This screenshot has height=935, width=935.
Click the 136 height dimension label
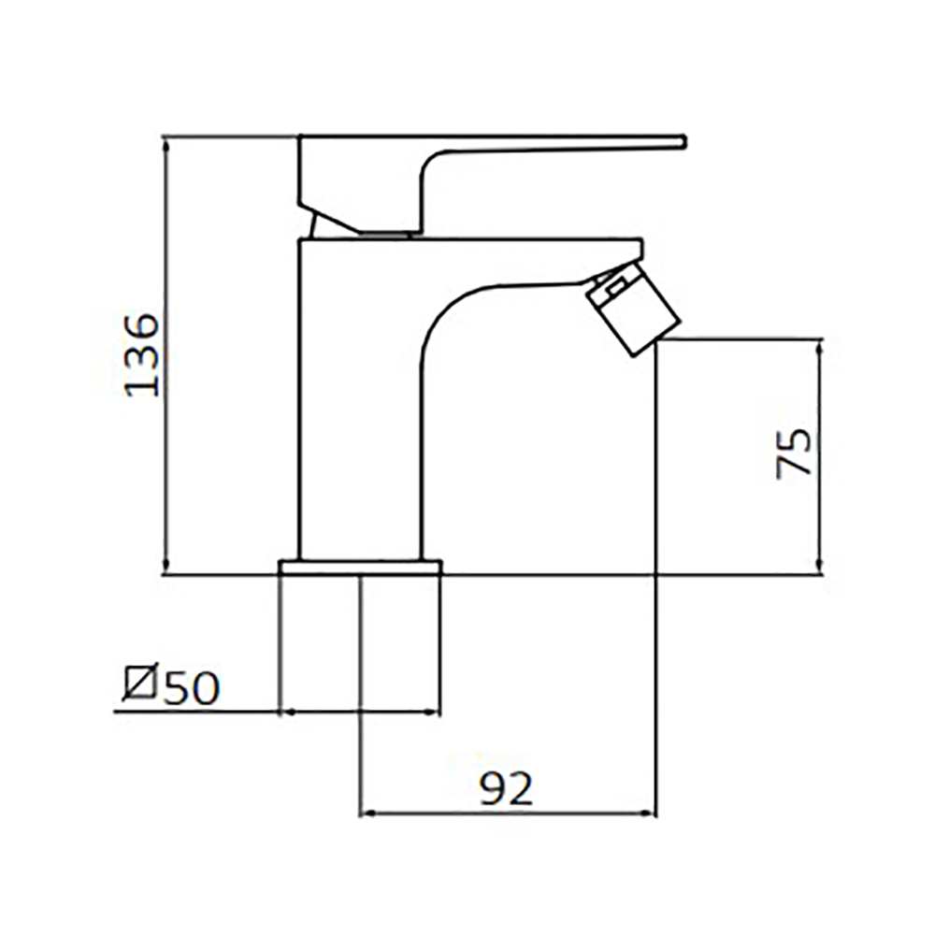(142, 354)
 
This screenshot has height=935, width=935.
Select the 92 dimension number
(506, 788)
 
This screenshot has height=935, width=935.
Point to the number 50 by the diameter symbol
(192, 688)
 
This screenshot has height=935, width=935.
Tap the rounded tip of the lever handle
(683, 142)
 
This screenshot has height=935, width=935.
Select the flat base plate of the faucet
(361, 568)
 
